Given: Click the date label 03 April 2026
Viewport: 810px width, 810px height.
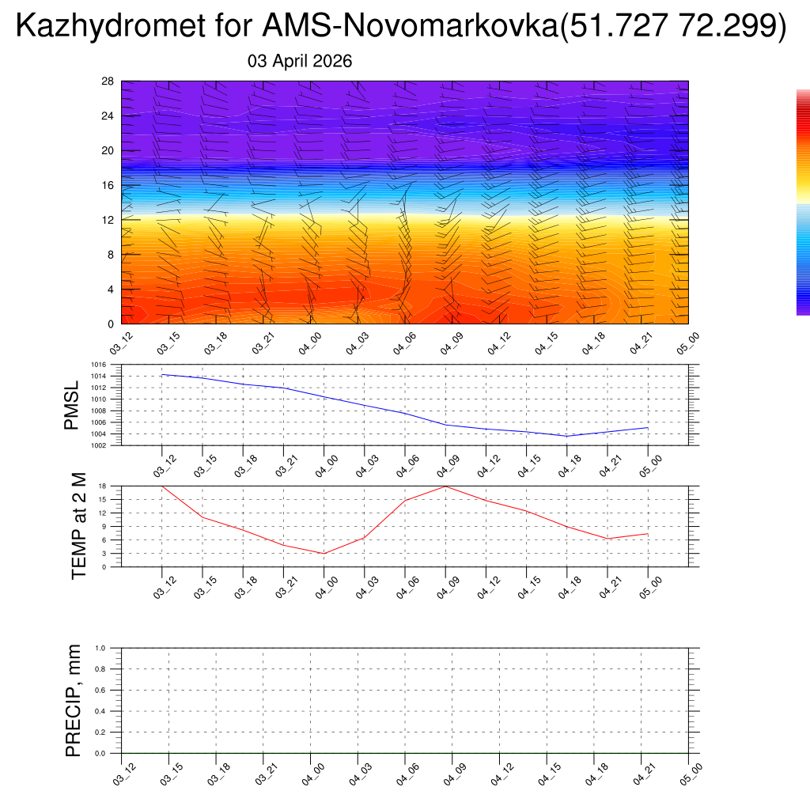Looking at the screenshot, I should pos(300,62).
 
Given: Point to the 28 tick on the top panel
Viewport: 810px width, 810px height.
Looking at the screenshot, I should pos(108,81).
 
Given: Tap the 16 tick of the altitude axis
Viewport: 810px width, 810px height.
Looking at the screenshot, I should pos(108,185).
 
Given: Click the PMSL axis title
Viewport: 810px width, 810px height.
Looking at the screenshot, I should pos(72,405).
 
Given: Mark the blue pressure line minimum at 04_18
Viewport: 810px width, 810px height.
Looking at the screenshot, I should pos(566,436).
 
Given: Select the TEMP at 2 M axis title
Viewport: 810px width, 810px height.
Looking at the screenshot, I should pos(78,525).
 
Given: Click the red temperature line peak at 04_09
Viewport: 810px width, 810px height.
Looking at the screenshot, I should pos(445,486).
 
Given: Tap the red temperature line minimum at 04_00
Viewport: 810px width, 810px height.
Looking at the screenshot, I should pos(324,553).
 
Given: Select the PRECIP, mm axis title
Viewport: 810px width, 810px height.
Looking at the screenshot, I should pos(74,700).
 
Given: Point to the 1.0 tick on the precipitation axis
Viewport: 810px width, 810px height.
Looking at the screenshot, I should pos(100,648).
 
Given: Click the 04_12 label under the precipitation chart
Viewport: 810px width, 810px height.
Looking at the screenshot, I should pos(500,774).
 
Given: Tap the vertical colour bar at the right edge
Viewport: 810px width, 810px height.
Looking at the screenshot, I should pos(803,202).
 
